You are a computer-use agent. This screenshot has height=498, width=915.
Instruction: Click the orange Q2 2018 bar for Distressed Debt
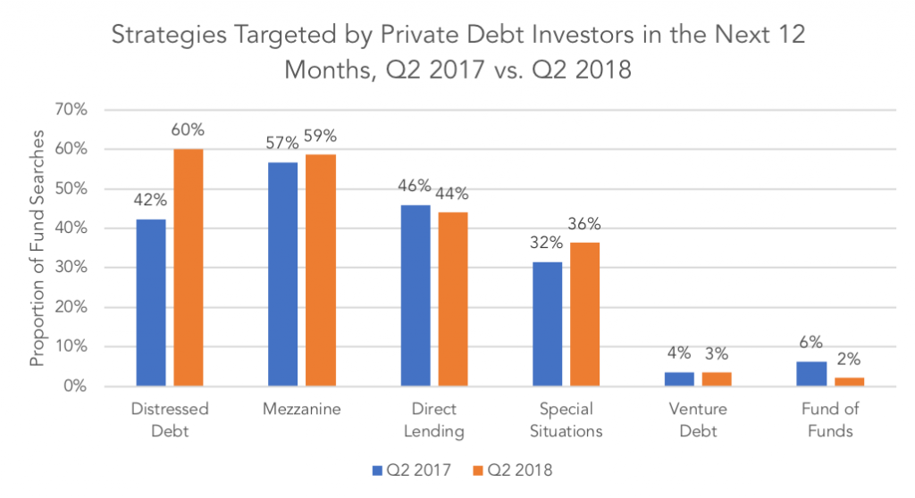point(189,267)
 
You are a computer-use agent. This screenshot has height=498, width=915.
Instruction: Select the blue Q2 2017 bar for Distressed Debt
point(150,303)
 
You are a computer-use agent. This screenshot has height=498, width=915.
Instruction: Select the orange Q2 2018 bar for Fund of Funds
point(850,381)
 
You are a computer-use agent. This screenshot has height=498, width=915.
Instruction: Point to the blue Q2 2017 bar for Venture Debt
point(680,378)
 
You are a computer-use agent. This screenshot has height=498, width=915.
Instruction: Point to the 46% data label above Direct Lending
point(414,187)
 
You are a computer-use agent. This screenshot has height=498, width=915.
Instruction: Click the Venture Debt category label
point(699,419)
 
